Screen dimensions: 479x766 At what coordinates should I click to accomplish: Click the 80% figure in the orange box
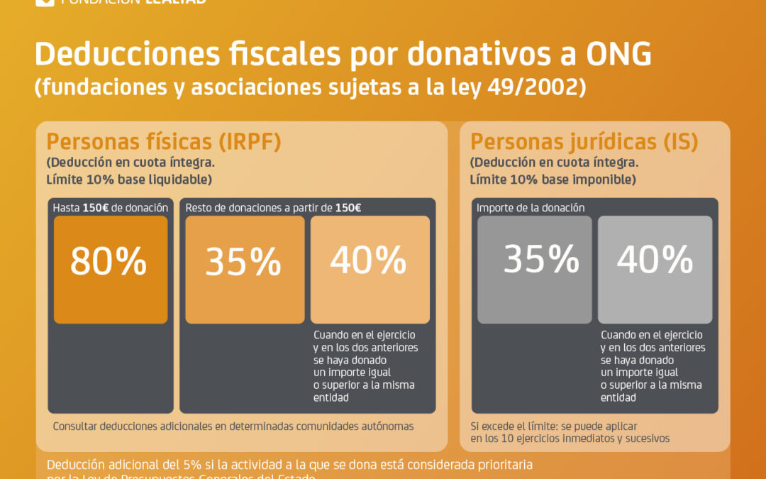[x=109, y=262]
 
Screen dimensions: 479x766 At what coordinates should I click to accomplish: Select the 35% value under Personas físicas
[x=243, y=262]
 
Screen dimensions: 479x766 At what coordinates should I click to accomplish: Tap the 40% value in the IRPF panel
[x=368, y=260]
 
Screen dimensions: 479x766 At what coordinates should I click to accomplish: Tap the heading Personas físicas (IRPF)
[x=164, y=142]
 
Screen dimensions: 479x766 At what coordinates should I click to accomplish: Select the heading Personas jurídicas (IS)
[x=584, y=142]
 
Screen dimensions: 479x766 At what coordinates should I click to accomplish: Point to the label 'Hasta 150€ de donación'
[x=110, y=208]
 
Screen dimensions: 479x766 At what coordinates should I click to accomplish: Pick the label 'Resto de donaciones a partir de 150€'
[x=273, y=208]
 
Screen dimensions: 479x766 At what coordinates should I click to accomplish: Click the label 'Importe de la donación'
[x=531, y=208]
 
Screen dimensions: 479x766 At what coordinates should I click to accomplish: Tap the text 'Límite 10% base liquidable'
[x=129, y=180]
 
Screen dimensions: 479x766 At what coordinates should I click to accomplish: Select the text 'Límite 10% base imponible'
[x=553, y=180]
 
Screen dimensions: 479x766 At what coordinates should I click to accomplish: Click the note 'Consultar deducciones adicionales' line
[x=233, y=426]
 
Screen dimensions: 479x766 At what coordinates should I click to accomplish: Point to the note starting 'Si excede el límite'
[x=554, y=426]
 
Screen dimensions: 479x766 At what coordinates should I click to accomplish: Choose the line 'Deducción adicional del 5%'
[x=289, y=465]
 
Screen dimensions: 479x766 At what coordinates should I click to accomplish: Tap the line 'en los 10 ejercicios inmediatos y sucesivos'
[x=570, y=439]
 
